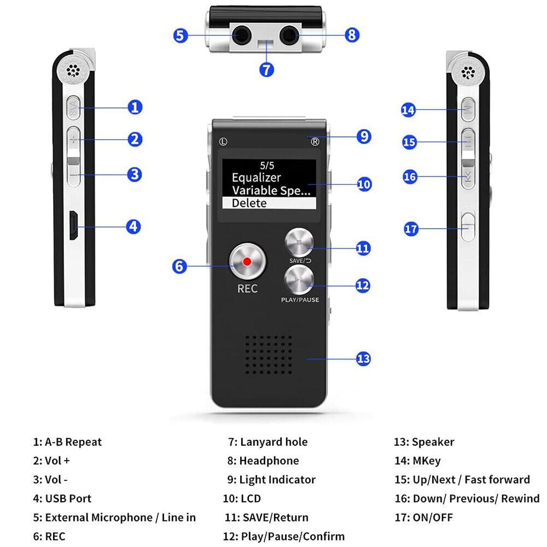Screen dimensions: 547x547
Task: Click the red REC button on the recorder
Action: click(247, 261)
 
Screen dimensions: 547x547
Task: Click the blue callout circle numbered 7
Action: click(266, 70)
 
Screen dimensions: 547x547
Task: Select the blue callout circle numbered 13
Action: click(363, 359)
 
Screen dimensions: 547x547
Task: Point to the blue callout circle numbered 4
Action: click(133, 226)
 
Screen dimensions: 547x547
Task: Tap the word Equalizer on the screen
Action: click(256, 178)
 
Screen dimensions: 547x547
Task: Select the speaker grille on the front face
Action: click(267, 352)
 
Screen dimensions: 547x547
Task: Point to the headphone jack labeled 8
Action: click(288, 37)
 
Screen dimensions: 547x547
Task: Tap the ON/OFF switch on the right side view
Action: click(467, 225)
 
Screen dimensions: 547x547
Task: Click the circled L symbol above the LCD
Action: click(223, 141)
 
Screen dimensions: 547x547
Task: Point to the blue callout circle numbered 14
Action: click(408, 110)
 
